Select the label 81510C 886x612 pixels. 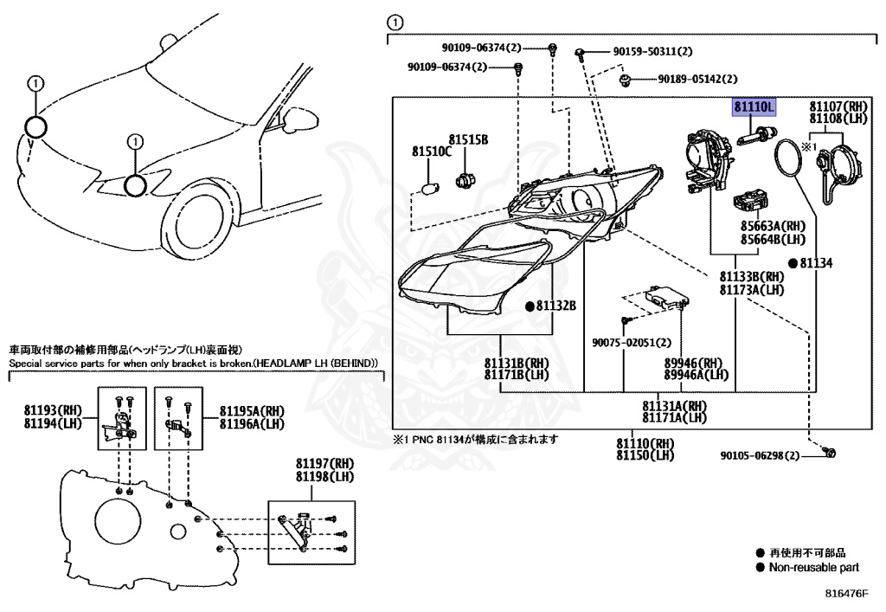click(x=431, y=152)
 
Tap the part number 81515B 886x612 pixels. click(x=468, y=140)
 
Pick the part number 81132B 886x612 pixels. click(x=555, y=306)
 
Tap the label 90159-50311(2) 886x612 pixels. click(x=652, y=52)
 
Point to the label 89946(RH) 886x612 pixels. click(x=693, y=363)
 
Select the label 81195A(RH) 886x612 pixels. click(x=252, y=411)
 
